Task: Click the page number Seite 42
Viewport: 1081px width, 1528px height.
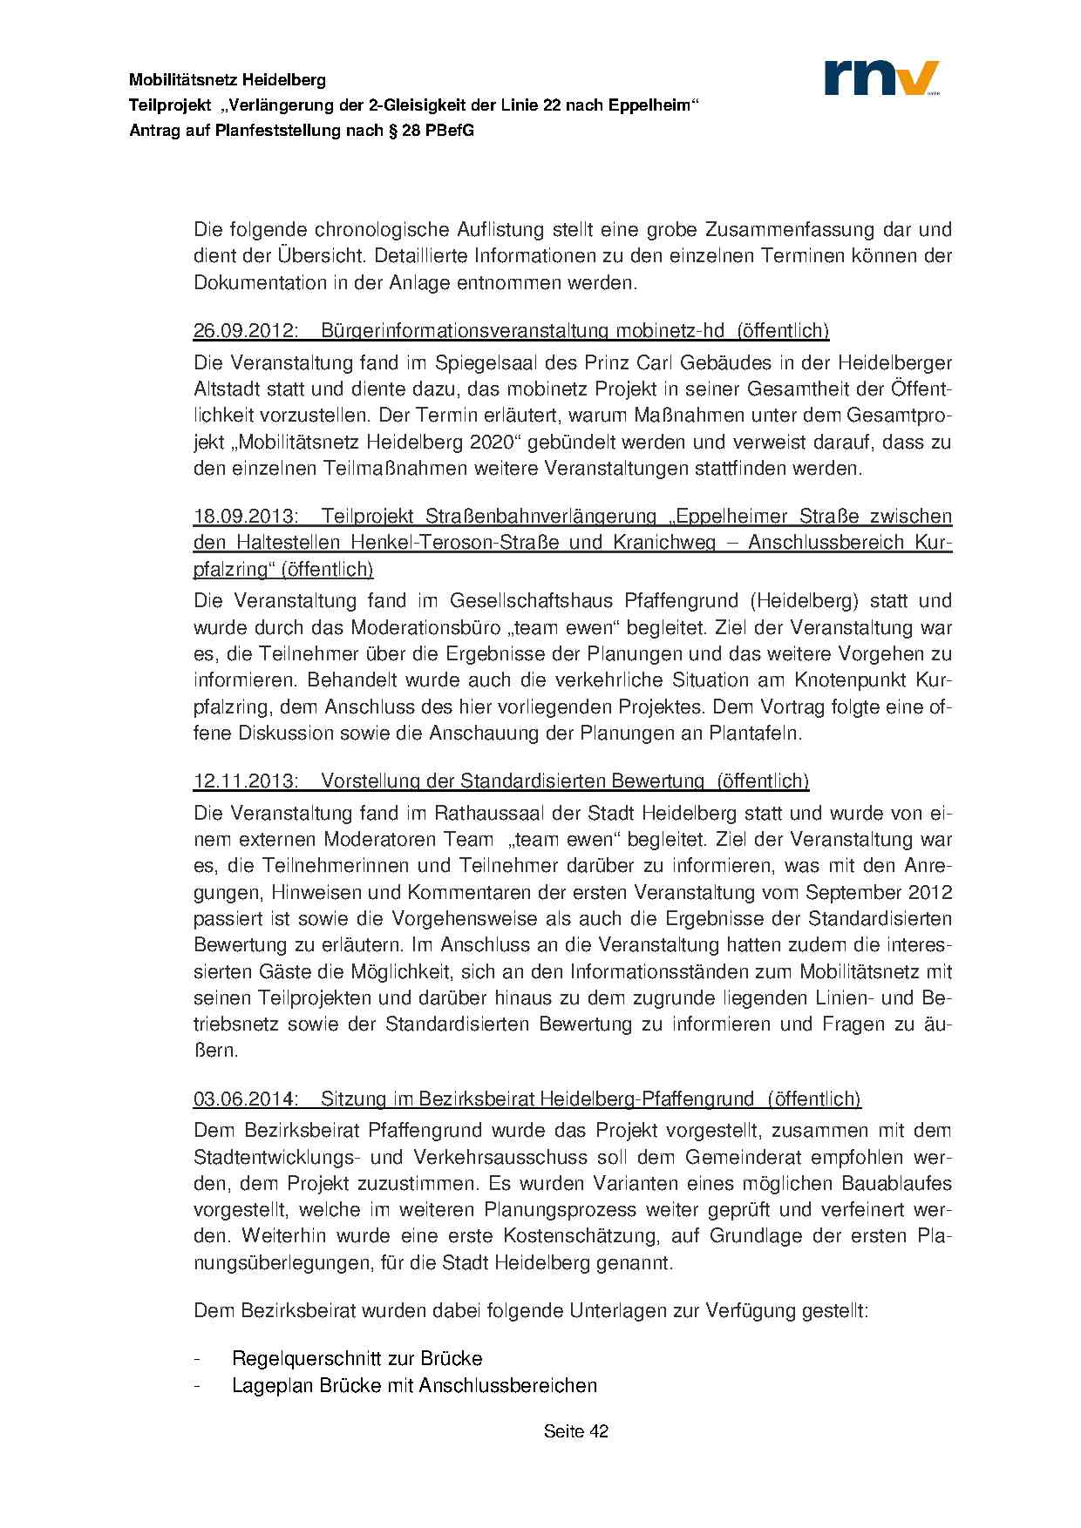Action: click(575, 1431)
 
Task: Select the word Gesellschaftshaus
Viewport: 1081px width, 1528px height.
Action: click(533, 601)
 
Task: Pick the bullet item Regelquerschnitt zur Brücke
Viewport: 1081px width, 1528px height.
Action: click(357, 1359)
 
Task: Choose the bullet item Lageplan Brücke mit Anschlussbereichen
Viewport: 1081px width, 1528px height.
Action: click(414, 1386)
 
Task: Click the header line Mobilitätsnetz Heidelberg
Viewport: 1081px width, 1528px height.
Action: click(228, 80)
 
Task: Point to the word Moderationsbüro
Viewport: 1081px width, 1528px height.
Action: click(422, 628)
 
